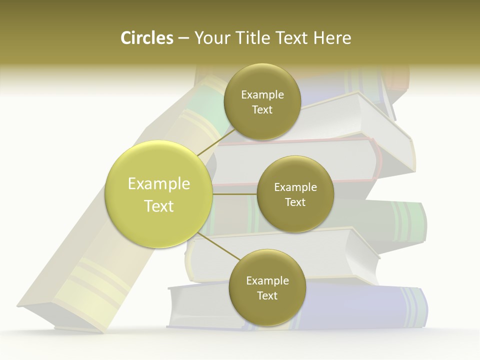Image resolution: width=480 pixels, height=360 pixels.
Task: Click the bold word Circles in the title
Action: [x=146, y=38]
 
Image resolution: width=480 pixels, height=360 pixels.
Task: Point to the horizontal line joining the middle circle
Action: [x=234, y=194]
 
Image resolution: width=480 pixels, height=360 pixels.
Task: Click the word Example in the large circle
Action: [x=159, y=184]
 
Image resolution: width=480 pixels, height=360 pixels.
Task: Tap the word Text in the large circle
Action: [x=159, y=206]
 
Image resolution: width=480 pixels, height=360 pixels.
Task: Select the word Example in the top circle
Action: [x=262, y=95]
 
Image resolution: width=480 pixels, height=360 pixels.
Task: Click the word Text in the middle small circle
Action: [x=295, y=202]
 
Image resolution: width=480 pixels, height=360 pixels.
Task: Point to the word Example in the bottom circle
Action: [x=267, y=281]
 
